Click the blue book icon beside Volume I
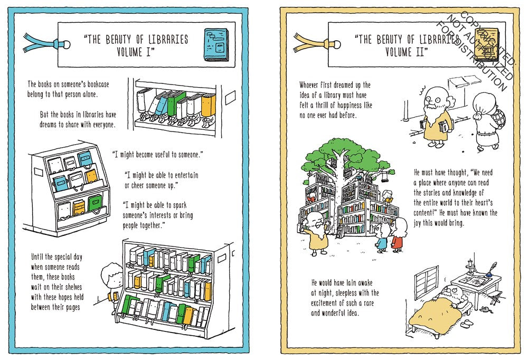click(216, 45)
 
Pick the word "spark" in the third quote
click(180, 205)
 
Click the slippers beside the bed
click(466, 324)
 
